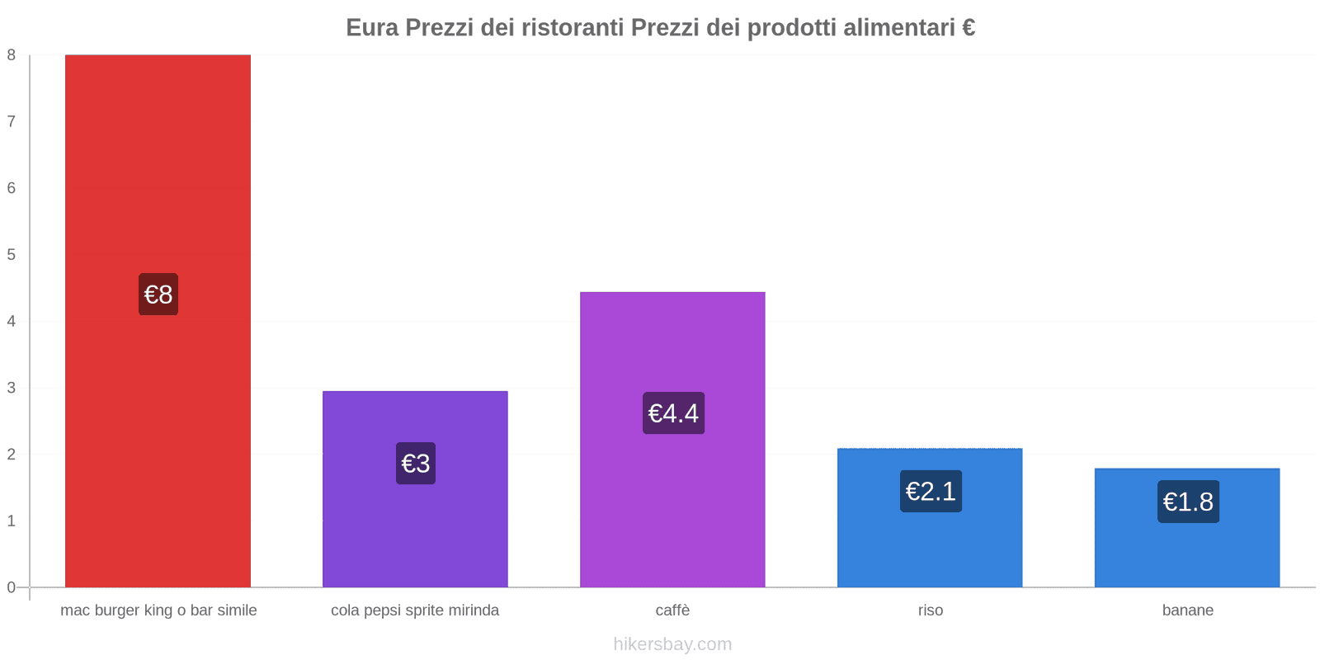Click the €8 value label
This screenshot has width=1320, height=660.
coord(158,295)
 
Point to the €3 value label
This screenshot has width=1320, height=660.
coord(416,464)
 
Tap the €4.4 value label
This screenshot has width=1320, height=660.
coord(673,413)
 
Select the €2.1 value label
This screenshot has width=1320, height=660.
coord(931,492)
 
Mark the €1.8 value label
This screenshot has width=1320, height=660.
coord(1188,502)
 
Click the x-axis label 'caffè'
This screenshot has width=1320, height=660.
coord(672,610)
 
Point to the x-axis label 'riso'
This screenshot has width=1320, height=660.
coord(930,610)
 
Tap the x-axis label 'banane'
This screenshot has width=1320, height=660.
coord(1187,610)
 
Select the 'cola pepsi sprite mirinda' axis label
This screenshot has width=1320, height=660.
coord(415,610)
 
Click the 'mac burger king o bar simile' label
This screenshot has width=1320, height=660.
coord(158,610)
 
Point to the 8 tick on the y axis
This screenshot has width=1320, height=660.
coord(12,55)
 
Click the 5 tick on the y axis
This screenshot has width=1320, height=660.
coord(12,255)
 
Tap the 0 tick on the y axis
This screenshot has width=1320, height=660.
coord(12,587)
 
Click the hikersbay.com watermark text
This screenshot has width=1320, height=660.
coord(672,644)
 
